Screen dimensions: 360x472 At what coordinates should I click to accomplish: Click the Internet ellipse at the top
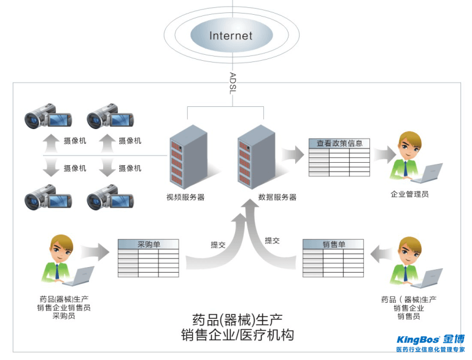pos(231,35)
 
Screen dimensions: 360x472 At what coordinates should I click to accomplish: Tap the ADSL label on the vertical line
pos(232,83)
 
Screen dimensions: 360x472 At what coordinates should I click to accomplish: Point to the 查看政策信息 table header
pos(339,143)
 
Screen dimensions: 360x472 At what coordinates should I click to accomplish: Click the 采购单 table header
pos(149,244)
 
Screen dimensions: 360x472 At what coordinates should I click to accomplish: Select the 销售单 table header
pos(334,244)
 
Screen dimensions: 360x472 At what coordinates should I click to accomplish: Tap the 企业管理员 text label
pos(409,194)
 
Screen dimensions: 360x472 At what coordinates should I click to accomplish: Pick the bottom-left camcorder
pos(48,198)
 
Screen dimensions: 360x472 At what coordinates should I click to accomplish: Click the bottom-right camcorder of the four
pos(110,198)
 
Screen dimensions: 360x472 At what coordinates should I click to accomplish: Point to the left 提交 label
pos(218,245)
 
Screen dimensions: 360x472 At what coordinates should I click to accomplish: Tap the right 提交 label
pos(273,240)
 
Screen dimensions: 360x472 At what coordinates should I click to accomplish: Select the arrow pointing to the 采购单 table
pos(95,251)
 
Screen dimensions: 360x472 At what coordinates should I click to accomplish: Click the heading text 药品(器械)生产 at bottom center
pos(237,319)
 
